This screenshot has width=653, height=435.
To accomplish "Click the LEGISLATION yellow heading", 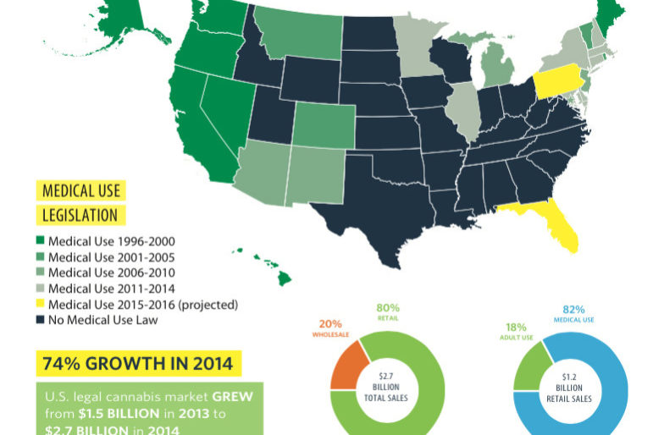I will point(78,215).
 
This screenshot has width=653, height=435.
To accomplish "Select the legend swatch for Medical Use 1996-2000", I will point(41,241).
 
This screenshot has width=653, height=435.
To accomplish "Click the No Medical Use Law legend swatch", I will point(41,321).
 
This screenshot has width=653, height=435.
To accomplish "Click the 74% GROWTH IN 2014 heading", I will point(141,365).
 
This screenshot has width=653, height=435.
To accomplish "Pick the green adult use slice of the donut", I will point(527,372).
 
